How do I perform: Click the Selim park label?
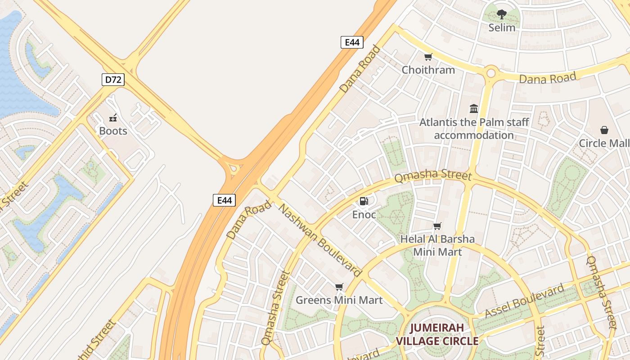502,27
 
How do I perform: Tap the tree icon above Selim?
502,14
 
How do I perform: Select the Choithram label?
428,70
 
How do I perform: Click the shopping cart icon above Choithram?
428,57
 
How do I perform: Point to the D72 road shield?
112,80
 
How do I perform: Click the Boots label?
113,131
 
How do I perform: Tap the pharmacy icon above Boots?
113,118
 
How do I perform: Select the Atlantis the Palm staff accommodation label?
474,129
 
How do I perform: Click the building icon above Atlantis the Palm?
474,108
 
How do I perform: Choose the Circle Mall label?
604,143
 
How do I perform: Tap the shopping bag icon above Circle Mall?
604,130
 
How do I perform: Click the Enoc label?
364,215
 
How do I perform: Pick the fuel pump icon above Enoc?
364,201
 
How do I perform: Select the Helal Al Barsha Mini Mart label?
437,245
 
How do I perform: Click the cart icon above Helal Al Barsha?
437,226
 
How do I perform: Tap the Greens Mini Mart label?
339,300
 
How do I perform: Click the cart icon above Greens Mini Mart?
339,287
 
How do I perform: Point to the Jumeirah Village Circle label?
437,334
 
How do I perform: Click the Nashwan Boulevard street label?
320,240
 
